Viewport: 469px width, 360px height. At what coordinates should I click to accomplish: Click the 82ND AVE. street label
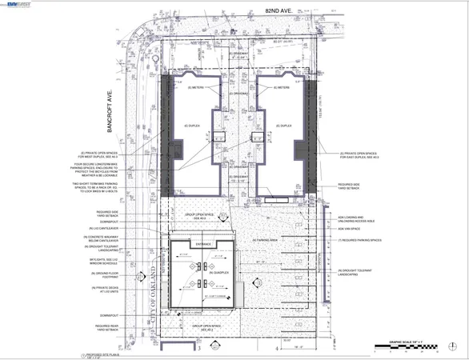pyautogui.click(x=234, y=14)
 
